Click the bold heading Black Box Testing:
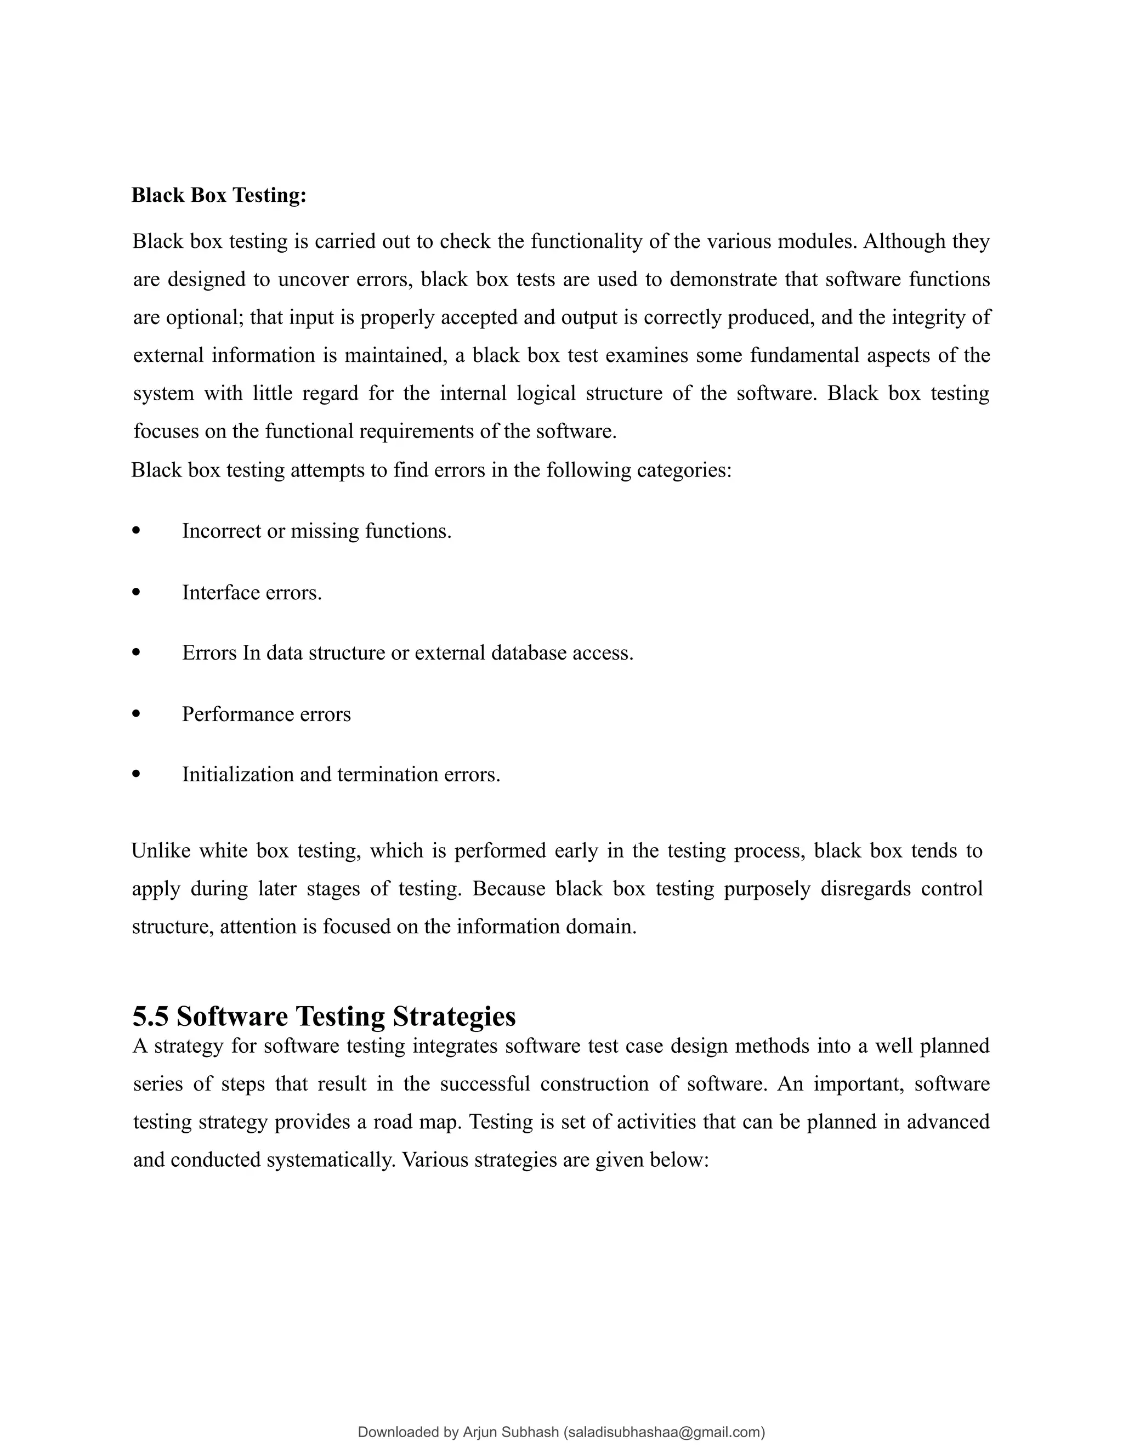[x=218, y=196]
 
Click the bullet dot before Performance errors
[x=137, y=713]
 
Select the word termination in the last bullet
[x=383, y=774]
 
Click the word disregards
[x=865, y=888]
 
